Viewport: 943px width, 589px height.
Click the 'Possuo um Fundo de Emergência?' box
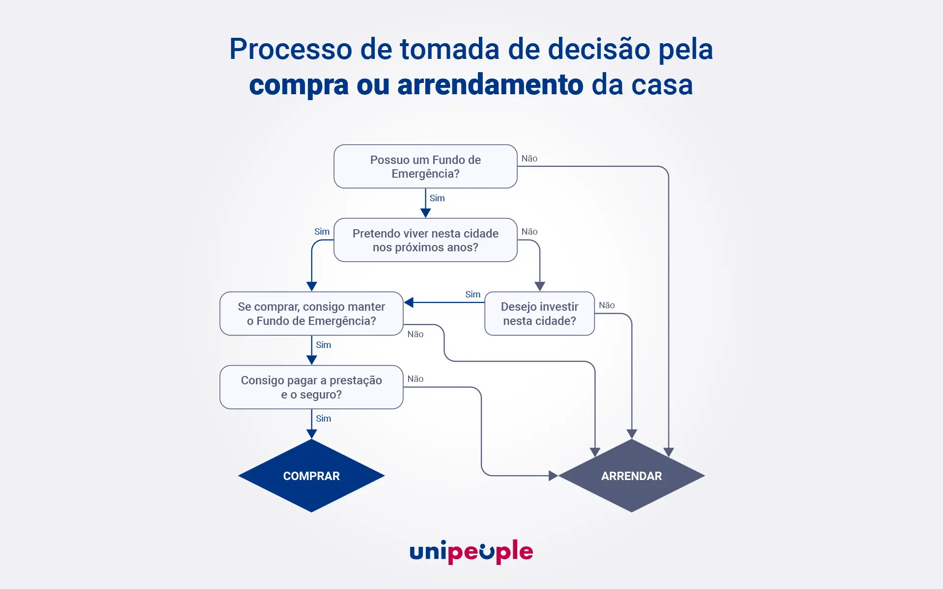pos(425,166)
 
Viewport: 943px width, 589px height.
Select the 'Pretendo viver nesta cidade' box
pos(425,240)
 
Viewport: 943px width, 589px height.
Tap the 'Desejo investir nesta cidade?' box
pos(539,314)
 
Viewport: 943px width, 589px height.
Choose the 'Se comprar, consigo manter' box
pos(311,314)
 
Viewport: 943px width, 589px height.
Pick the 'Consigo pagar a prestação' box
pos(311,387)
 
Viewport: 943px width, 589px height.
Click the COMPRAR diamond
pos(311,476)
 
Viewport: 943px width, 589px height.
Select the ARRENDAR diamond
pos(632,476)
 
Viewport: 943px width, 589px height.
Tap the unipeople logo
pos(471,552)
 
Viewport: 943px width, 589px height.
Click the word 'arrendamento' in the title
pos(490,84)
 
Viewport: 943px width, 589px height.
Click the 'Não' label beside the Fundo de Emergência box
pos(529,159)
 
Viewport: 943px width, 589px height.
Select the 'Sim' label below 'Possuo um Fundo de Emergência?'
pos(437,198)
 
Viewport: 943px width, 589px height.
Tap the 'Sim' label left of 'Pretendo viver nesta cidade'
pos(322,232)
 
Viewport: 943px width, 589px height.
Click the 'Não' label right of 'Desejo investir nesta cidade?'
pos(607,305)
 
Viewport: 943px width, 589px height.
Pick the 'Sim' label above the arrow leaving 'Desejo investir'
pos(472,294)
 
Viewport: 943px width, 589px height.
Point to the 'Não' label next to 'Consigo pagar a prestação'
pos(416,379)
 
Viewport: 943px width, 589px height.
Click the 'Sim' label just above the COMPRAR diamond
pos(323,419)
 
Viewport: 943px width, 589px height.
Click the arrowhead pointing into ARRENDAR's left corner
pos(553,476)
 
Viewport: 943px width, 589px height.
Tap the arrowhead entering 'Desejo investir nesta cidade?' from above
pos(539,286)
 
